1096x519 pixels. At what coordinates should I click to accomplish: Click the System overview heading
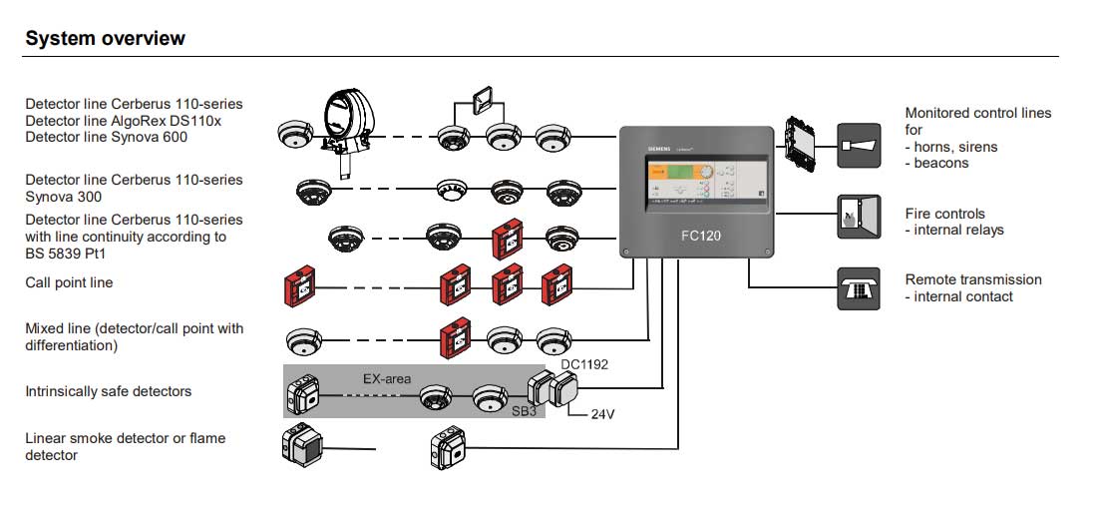[105, 39]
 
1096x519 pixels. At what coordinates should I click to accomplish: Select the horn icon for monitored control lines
[858, 146]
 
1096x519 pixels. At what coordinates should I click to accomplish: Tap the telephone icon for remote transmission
[858, 288]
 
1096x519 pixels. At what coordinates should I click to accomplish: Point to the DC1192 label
[584, 364]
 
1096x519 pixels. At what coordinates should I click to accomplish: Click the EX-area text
[387, 379]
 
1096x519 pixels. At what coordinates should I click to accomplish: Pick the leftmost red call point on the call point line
[300, 287]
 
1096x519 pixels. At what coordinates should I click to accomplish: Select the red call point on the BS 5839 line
[506, 239]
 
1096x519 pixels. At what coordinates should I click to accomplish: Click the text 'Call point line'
[69, 282]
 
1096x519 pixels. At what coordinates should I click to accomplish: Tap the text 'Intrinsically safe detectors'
[108, 391]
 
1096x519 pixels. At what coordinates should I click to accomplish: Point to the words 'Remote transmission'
[972, 279]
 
